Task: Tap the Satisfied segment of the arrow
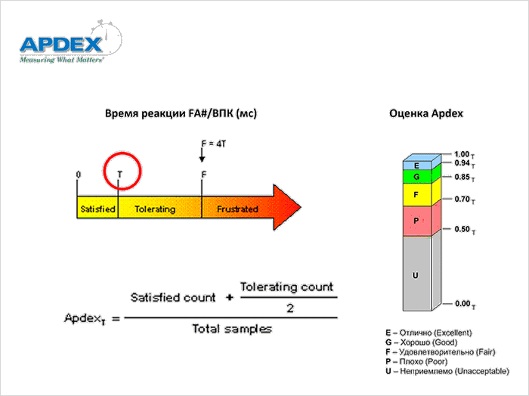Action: coord(97,209)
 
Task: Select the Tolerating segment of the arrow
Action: coord(155,209)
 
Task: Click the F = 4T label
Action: coord(215,143)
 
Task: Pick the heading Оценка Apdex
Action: coord(426,113)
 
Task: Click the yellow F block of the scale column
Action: coord(416,195)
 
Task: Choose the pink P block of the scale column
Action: coord(416,220)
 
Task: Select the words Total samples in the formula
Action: coord(232,329)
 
